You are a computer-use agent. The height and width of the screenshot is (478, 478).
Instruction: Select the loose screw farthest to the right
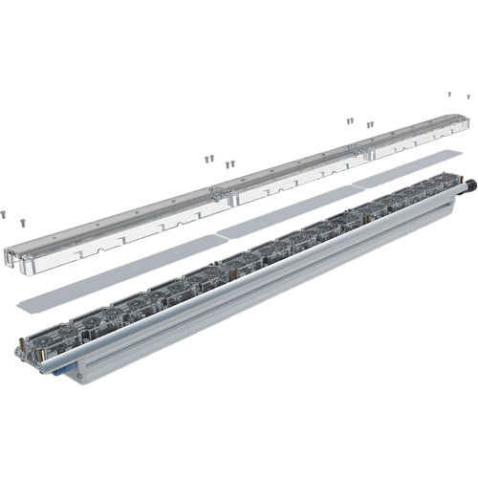468,96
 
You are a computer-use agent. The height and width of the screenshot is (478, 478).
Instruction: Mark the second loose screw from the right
449,94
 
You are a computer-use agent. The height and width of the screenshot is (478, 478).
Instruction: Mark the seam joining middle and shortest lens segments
371,150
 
